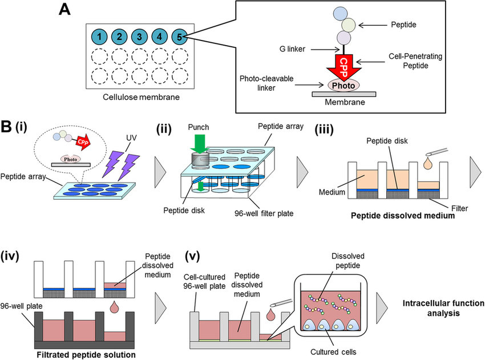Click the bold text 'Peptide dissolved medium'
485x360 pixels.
click(x=399, y=217)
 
